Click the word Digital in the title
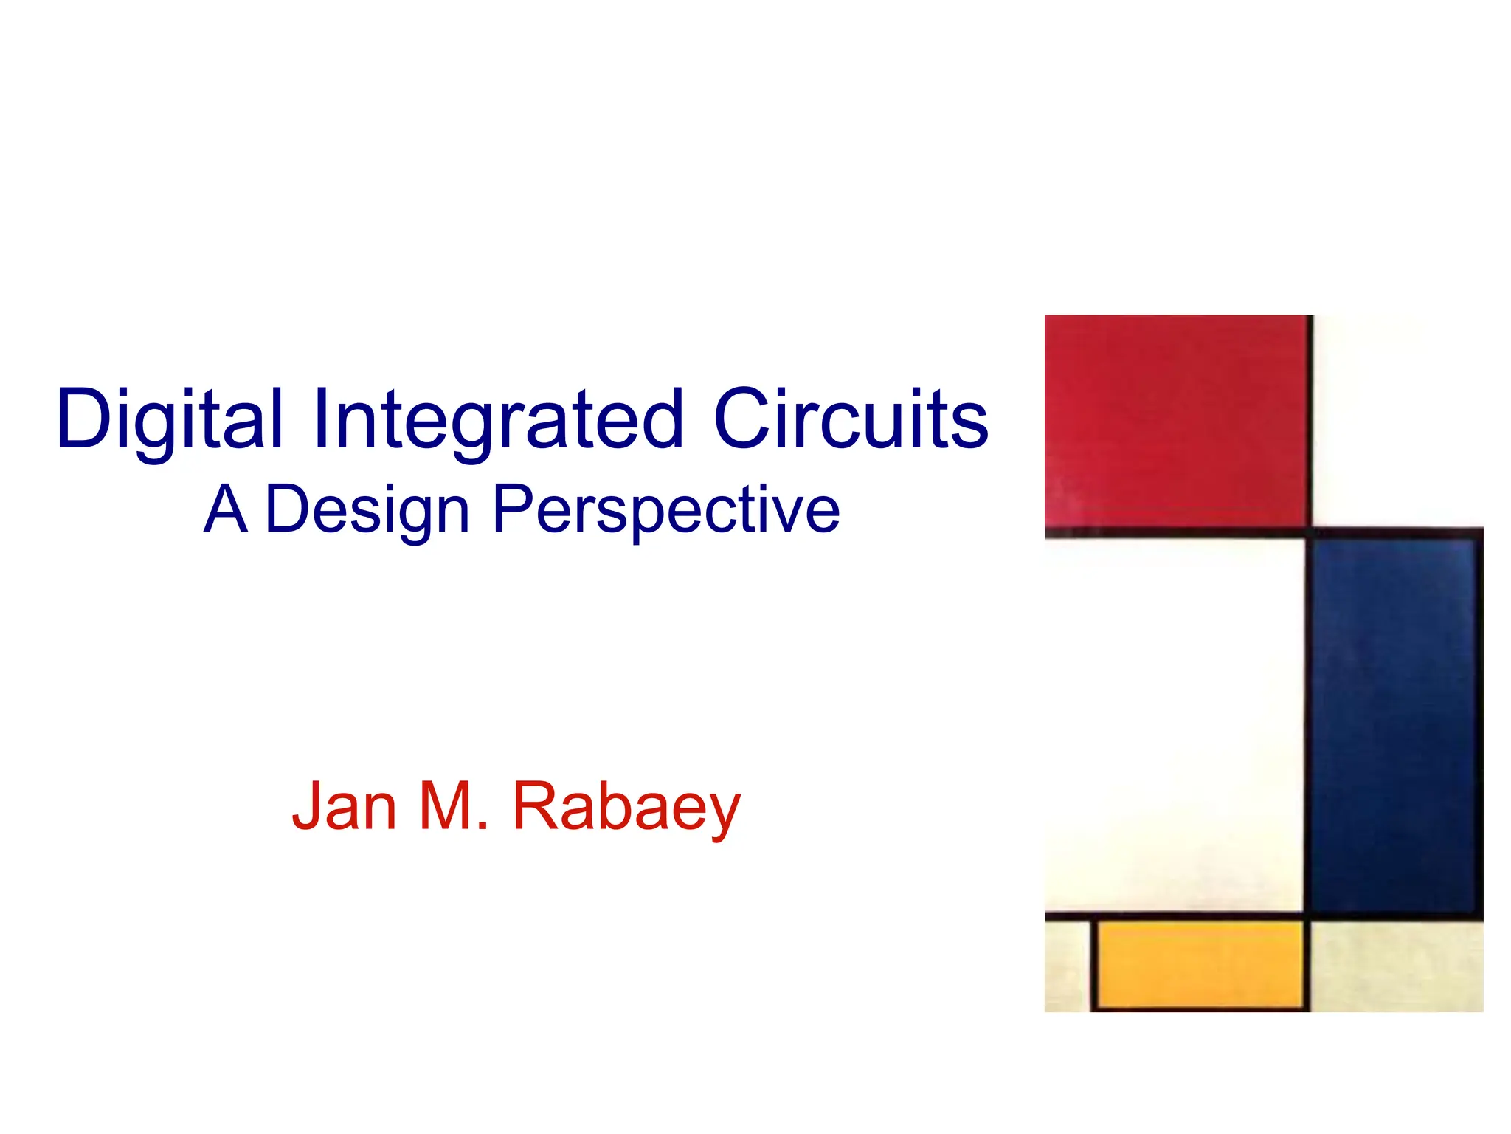click(169, 419)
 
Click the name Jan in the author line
click(345, 806)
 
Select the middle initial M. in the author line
click(453, 806)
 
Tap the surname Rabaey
click(626, 808)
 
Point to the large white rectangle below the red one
click(1173, 724)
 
